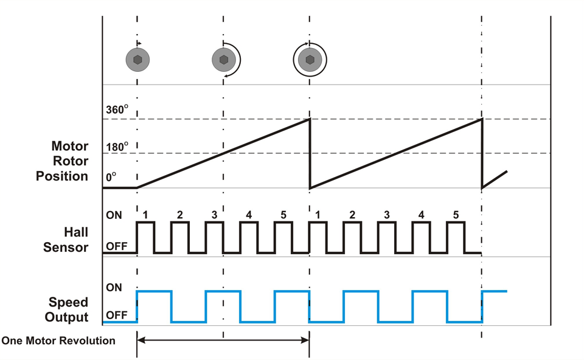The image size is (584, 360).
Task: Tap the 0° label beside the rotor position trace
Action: click(110, 177)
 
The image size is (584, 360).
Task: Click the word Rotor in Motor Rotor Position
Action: click(71, 161)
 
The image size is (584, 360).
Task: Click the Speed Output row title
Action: click(68, 310)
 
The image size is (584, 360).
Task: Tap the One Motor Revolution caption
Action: click(58, 341)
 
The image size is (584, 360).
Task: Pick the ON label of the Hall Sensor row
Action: click(114, 215)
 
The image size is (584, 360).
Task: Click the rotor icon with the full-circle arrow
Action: click(310, 60)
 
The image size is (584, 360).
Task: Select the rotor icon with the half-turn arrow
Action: click(224, 60)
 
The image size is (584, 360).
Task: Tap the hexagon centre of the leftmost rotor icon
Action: click(138, 60)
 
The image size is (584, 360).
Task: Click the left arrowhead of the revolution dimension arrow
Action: click(141, 341)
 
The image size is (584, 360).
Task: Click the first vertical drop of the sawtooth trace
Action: click(310, 153)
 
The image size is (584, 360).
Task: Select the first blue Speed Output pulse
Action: click(155, 292)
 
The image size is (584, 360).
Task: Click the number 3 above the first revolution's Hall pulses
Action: click(214, 215)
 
